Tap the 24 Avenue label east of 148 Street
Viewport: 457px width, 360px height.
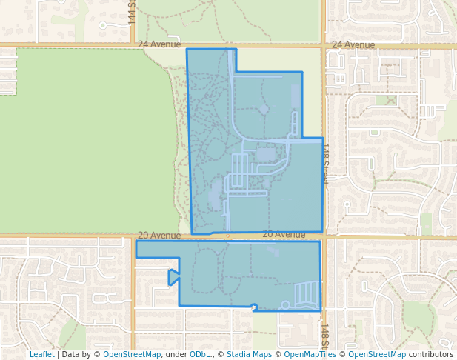pos(353,44)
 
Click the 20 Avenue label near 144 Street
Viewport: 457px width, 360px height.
pos(159,235)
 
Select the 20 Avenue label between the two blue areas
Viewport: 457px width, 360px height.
pos(284,234)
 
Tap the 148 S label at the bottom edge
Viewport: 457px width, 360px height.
pos(325,334)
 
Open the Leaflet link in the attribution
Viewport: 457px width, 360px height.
pos(41,354)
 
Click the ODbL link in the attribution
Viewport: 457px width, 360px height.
pos(200,354)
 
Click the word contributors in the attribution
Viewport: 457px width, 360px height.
pos(431,354)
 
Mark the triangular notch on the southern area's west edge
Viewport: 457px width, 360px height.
pos(172,278)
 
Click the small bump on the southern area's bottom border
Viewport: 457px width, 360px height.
pos(254,306)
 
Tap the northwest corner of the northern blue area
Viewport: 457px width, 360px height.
pos(187,50)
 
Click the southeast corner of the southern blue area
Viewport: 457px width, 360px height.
pos(320,310)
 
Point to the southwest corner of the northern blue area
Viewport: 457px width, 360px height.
pos(193,234)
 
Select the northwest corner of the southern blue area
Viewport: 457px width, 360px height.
pos(136,241)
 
